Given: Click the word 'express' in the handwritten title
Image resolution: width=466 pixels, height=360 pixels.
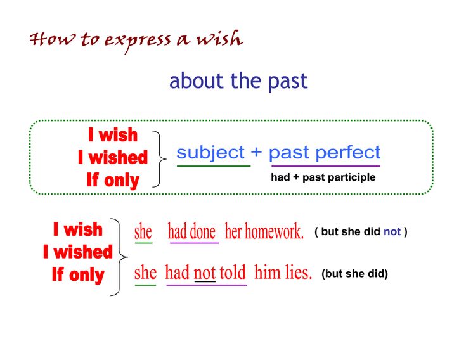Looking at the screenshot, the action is [138, 42].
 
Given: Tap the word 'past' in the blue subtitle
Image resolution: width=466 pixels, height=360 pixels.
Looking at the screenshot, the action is [288, 81].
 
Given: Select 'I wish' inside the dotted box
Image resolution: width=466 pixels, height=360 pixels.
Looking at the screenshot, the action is [113, 135].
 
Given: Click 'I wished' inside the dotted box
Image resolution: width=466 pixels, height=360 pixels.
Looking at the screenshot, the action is [113, 157].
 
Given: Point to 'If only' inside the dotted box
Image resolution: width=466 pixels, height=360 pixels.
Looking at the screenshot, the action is [113, 180].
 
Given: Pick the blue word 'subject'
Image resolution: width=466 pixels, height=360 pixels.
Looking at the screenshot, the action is [210, 153].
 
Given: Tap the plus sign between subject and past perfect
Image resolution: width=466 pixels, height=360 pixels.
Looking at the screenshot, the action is [257, 153].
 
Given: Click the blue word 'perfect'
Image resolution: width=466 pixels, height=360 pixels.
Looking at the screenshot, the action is [348, 153].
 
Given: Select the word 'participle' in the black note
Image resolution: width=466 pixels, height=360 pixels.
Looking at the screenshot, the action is [353, 177].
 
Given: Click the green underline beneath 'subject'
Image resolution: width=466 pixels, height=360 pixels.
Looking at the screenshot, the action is [214, 166].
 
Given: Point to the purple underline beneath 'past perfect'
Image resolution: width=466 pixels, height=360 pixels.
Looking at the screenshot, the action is [326, 166].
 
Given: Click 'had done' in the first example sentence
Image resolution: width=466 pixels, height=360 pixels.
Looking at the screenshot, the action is [191, 231].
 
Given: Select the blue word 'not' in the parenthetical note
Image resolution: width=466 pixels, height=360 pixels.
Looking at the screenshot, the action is [392, 231].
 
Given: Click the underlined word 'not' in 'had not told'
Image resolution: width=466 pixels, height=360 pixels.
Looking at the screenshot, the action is [205, 273].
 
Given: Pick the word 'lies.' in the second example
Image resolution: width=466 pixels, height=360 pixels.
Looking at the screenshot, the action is [299, 273].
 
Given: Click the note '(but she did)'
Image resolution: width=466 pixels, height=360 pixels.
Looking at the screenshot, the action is [354, 274].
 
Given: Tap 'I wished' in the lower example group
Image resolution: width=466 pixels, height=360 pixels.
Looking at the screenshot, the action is [78, 252].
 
